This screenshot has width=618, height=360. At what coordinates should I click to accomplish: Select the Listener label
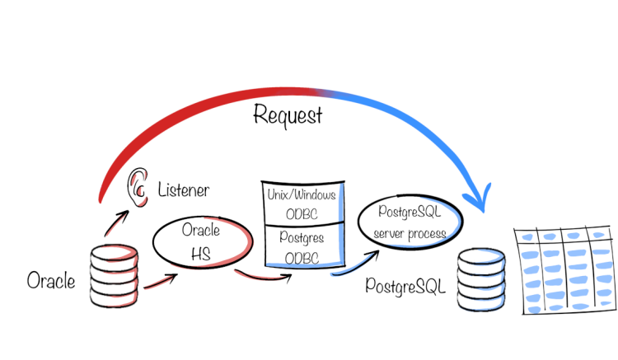[x=183, y=191]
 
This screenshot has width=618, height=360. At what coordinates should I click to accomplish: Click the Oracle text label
[x=51, y=281]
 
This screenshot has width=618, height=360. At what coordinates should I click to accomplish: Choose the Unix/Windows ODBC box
[x=302, y=204]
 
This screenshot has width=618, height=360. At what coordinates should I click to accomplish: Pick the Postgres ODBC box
[x=302, y=245]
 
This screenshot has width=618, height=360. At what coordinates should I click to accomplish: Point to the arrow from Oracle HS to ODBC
[x=263, y=276]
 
